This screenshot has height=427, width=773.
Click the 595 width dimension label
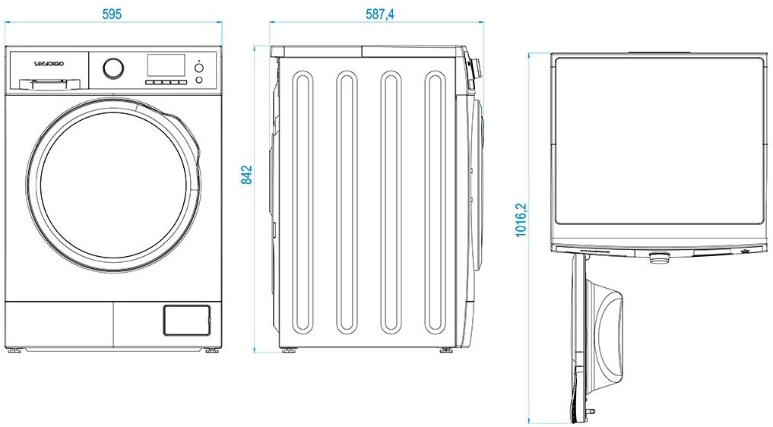112,14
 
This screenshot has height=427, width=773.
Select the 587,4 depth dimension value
379,14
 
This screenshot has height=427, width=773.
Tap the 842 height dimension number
246,175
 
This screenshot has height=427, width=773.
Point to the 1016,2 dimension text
521,220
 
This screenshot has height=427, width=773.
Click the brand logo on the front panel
49,64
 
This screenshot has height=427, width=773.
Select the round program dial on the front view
113,68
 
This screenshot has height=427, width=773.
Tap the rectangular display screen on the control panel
166,65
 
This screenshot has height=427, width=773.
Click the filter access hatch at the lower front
187,321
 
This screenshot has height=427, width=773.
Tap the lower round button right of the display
199,80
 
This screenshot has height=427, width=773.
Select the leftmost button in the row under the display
150,82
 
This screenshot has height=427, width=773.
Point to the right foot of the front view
213,350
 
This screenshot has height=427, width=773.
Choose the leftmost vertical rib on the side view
303,202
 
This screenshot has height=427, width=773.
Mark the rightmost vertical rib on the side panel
436,202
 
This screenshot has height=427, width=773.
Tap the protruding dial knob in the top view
659,258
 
